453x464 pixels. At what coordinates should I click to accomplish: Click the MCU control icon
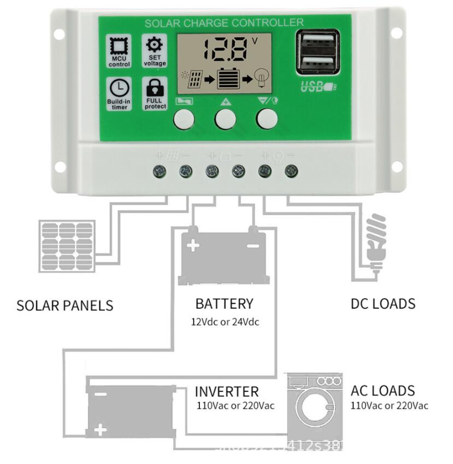[x=120, y=47]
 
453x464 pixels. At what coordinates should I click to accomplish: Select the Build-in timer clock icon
[x=120, y=88]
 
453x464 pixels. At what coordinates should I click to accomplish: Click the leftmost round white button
[x=184, y=119]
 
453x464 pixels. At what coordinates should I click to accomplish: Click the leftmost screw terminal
[x=160, y=171]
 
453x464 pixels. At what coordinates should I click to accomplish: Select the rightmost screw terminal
[x=292, y=171]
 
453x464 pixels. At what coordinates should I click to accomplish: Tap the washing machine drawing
[x=314, y=405]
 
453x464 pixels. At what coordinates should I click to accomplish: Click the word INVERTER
[x=226, y=392]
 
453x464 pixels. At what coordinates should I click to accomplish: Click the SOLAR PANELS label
[x=65, y=305]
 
